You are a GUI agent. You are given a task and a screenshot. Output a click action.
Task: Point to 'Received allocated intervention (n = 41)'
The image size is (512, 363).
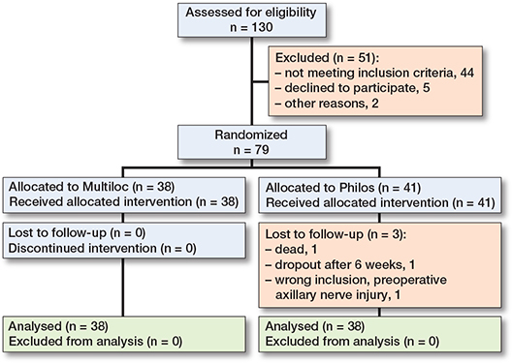click(384, 201)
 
